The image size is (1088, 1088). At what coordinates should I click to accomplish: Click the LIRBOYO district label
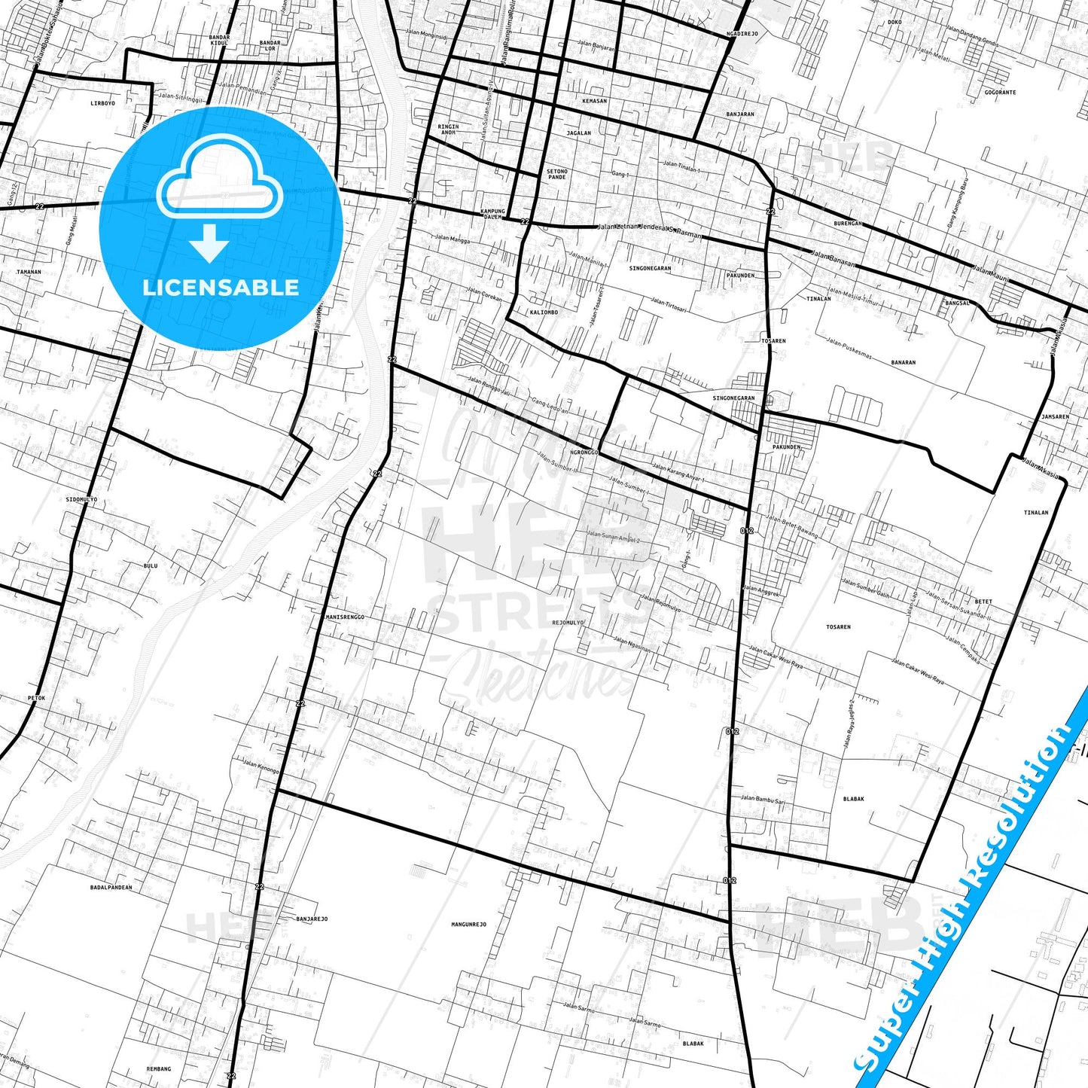pos(102,103)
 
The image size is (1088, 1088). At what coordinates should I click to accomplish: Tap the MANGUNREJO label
pos(468,925)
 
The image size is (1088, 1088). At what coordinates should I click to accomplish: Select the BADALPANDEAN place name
pos(111,888)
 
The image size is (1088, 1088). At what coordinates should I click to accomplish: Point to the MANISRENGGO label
pos(345,617)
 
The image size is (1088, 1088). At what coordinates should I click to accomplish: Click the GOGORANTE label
pos(1000,93)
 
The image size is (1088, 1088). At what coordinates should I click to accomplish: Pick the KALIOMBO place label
pos(544,312)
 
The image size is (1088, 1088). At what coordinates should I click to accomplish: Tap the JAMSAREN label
pos(1055,416)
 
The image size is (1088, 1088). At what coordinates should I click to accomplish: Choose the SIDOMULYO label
pos(81,499)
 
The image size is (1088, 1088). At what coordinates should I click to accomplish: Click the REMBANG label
pos(159,1068)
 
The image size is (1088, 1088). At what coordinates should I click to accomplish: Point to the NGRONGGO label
pos(584,453)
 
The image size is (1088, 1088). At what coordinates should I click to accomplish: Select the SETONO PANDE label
pos(557,174)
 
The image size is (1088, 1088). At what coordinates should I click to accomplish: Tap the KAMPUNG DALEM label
pos(492,214)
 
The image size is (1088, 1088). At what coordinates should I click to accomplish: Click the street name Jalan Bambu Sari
pos(762,800)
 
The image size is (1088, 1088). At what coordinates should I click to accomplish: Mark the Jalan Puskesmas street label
pos(849,349)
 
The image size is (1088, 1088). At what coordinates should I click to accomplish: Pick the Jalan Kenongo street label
pos(261,766)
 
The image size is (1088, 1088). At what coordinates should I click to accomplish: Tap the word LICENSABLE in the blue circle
pos(221,288)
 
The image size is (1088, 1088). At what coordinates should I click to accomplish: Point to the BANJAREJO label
pos(312,919)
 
